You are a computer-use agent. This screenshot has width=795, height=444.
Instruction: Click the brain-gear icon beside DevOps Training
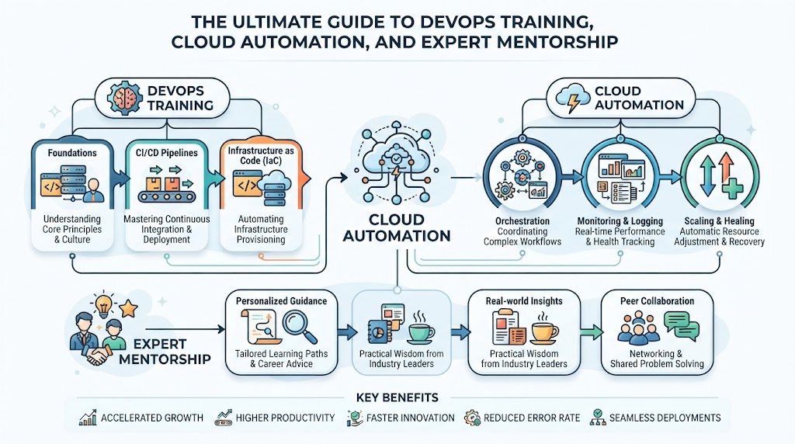[x=124, y=98]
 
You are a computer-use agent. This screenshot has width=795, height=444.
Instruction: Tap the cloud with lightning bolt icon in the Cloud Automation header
[x=573, y=99]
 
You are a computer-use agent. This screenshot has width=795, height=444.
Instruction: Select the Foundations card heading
[x=72, y=153]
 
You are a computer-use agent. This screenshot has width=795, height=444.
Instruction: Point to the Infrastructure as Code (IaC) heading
[x=261, y=155]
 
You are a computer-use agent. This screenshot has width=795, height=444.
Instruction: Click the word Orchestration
[x=522, y=221]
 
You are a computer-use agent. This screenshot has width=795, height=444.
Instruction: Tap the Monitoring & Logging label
[x=620, y=221]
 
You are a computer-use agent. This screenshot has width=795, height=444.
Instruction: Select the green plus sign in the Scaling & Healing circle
[x=732, y=188]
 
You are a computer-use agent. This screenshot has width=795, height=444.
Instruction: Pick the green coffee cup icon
[x=420, y=328]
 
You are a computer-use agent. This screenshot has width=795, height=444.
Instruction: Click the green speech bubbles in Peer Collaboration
[x=682, y=325]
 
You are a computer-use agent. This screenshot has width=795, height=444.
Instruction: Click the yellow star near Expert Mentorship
[x=128, y=308]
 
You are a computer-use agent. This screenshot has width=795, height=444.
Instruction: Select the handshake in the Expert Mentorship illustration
[x=99, y=353]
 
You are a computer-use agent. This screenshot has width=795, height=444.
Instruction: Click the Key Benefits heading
[x=397, y=398]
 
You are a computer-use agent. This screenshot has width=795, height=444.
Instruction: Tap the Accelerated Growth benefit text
[x=152, y=418]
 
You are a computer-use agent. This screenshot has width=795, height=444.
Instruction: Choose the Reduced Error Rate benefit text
[x=531, y=418]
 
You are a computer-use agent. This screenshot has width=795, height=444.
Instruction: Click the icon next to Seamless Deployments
[x=598, y=418]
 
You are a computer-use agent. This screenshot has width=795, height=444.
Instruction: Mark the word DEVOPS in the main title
[x=460, y=22]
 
